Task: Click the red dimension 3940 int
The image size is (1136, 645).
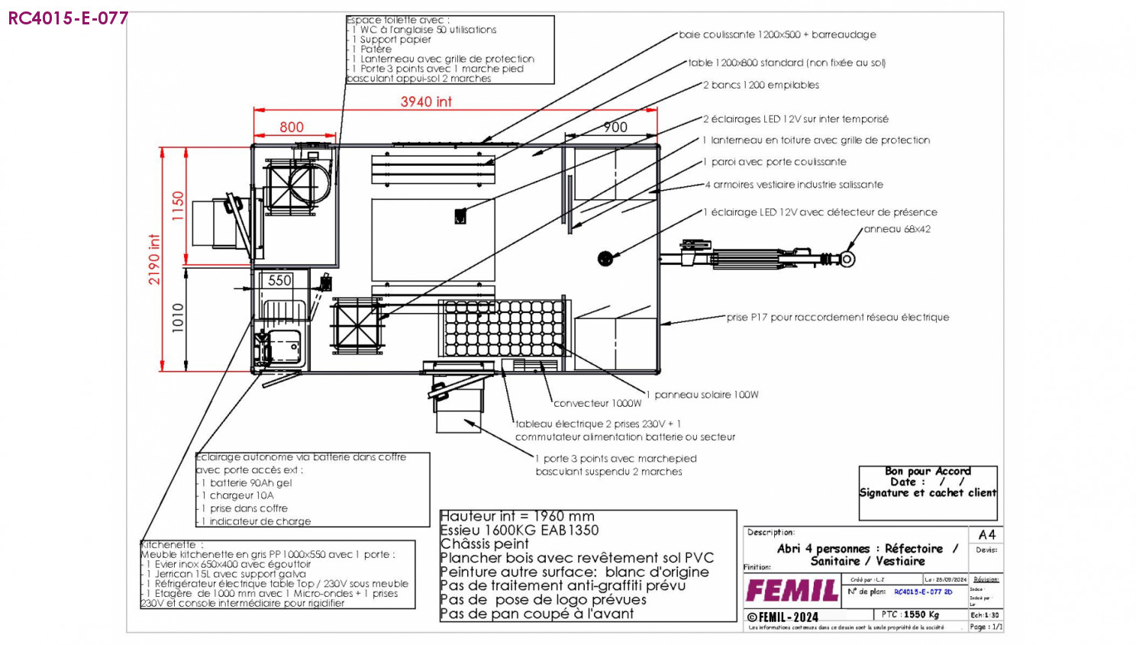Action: point(426,102)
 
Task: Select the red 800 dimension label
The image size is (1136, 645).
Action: point(292,127)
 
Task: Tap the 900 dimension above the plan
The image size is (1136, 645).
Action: point(615,127)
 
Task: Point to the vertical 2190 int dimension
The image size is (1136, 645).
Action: point(154,260)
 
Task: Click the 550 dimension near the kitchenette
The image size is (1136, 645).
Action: point(279,280)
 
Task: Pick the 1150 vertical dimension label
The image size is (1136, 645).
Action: point(178,206)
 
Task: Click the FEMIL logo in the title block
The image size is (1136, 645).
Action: point(792,591)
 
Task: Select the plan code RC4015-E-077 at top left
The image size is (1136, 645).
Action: point(68,18)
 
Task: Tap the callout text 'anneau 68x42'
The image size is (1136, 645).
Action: point(897,229)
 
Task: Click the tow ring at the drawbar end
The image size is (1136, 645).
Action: point(847,259)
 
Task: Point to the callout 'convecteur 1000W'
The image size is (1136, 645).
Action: point(597,403)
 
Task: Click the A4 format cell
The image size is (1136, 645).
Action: point(986,534)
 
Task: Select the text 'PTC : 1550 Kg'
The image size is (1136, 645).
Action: point(910,614)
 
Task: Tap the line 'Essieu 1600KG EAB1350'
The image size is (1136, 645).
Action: point(519,531)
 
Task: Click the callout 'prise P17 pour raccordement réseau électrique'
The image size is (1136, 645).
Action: point(837,318)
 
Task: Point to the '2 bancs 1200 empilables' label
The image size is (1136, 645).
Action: point(761,85)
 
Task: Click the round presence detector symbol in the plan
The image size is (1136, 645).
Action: point(605,259)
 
